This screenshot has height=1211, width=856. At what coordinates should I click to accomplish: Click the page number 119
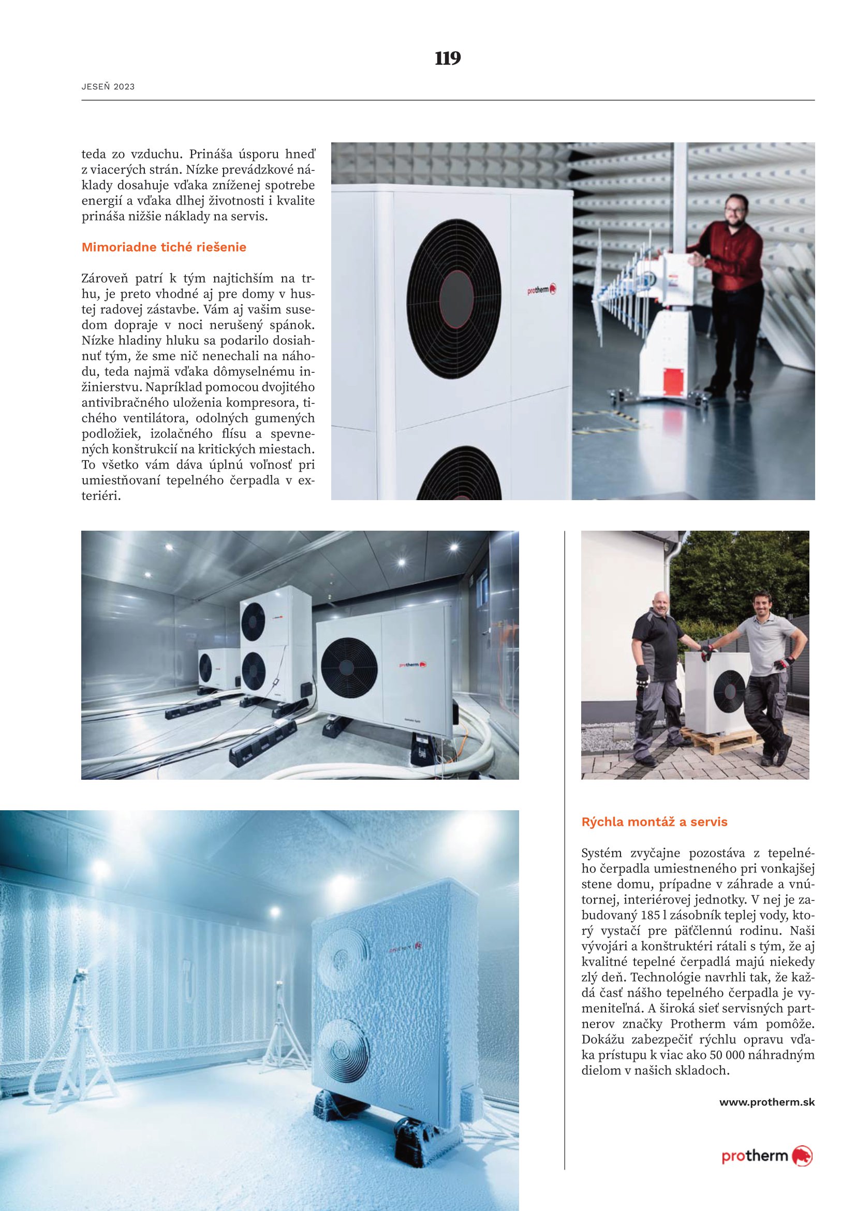448,58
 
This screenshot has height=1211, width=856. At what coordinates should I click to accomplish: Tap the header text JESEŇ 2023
108,87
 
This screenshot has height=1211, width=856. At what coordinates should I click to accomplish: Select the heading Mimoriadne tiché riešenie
164,247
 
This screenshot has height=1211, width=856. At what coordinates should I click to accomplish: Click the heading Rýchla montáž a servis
654,822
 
